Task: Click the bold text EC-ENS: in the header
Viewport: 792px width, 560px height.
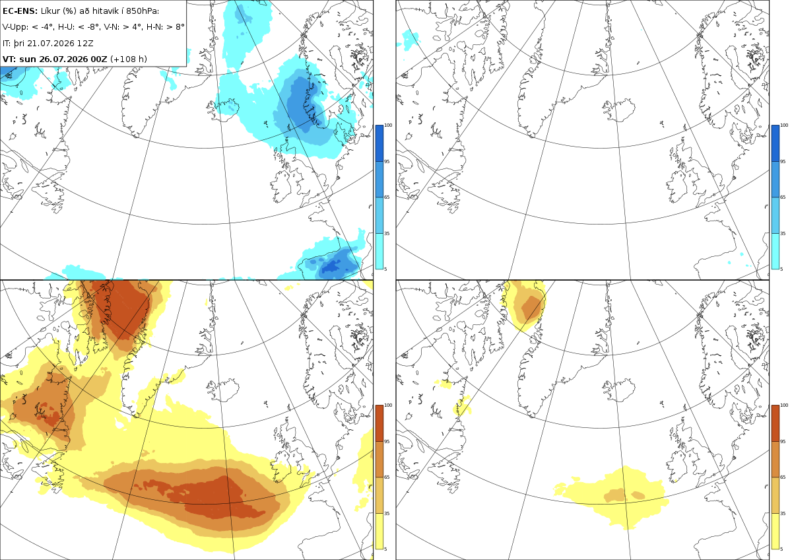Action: (20, 11)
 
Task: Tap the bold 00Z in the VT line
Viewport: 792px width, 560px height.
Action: (98, 59)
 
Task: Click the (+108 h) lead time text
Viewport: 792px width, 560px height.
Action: (129, 59)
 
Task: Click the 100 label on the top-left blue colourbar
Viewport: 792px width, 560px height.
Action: (388, 125)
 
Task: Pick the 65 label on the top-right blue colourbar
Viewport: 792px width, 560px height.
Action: (783, 197)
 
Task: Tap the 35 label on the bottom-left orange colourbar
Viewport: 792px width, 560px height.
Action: (387, 513)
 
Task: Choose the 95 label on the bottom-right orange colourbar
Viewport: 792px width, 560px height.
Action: (783, 442)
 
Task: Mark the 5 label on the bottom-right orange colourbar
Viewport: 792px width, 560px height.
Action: (781, 549)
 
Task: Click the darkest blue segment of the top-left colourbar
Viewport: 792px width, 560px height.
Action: (379, 143)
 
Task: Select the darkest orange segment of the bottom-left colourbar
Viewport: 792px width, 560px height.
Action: (379, 423)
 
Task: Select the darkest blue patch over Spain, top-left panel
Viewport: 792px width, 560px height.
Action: (333, 267)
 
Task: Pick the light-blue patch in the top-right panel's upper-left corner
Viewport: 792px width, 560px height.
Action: (410, 39)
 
